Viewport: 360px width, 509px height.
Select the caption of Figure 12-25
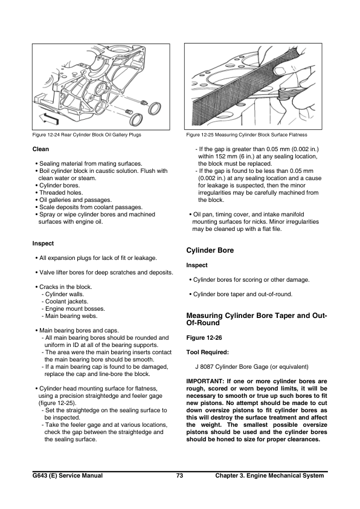246,135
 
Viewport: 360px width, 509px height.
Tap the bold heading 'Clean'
40,149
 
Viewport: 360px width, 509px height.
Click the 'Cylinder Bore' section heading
209,250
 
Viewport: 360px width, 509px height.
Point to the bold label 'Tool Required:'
207,352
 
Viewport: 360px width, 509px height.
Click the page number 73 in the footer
179,476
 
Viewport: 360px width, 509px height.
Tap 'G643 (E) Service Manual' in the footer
68,476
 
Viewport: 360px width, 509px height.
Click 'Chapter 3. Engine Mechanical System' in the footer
269,476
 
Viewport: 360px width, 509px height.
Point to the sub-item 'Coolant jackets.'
65,301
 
